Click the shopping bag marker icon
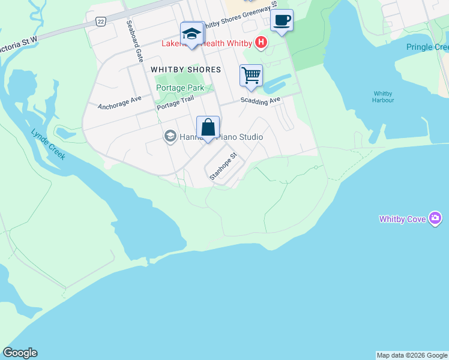[208, 128]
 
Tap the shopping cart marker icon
[251, 76]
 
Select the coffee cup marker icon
[282, 21]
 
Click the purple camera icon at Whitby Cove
[436, 219]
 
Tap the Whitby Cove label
[403, 220]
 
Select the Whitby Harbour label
[384, 97]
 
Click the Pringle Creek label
[427, 47]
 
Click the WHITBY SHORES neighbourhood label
[185, 70]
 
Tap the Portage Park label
[180, 88]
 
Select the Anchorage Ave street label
[119, 103]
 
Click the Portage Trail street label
[176, 104]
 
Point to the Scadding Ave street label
[261, 101]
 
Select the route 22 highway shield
[100, 21]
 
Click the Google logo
[20, 353]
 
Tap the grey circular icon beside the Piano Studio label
[169, 136]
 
